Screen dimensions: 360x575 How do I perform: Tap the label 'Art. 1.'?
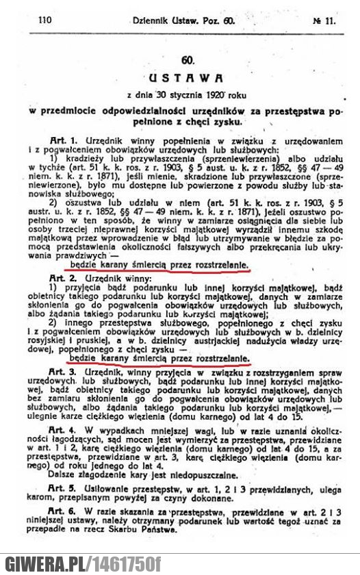[64, 129]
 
